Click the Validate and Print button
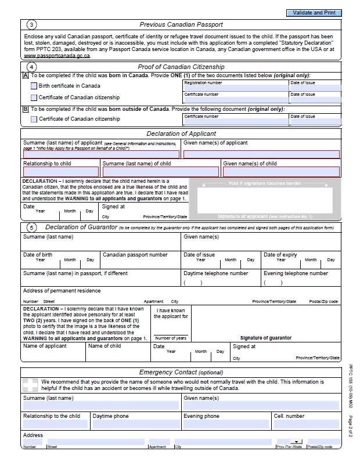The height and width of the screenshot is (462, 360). (314, 13)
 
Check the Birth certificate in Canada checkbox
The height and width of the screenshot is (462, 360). (34, 86)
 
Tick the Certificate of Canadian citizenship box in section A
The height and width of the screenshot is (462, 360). (34, 98)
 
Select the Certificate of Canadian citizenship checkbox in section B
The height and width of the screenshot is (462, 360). (34, 119)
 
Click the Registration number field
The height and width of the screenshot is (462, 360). (235, 88)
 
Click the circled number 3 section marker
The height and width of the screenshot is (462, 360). (31, 24)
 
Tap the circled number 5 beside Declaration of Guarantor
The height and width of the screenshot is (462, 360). (31, 228)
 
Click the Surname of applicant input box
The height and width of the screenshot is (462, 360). (102, 154)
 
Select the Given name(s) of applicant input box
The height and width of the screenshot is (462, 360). (261, 154)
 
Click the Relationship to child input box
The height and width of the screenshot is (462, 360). (60, 172)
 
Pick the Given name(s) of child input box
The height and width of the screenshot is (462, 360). (281, 172)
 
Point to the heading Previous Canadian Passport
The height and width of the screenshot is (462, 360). (181, 24)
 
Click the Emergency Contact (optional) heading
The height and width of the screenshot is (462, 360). (181, 372)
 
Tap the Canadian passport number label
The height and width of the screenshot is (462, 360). (135, 255)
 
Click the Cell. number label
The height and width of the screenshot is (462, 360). (289, 416)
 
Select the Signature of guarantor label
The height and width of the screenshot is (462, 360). (265, 338)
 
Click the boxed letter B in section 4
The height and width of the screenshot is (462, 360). (26, 109)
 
